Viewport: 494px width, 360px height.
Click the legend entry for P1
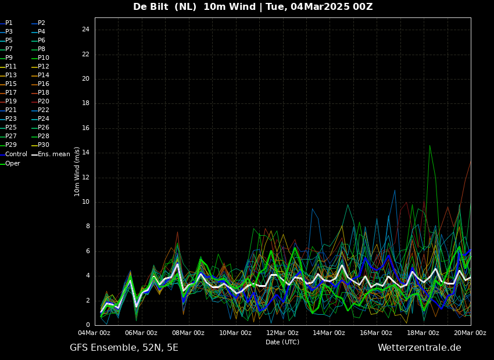[x=6, y=23]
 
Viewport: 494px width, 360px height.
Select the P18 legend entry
[x=40, y=92]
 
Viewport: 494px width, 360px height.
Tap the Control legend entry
[x=13, y=154]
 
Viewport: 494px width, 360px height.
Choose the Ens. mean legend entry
[x=51, y=154]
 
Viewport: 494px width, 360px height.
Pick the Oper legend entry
[x=10, y=163]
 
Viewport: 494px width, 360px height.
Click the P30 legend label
[x=40, y=145]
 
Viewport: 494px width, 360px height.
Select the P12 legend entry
[x=40, y=66]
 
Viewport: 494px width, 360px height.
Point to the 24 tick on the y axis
[x=85, y=30]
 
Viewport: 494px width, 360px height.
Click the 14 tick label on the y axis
[x=85, y=153]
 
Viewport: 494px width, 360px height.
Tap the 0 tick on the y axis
[x=88, y=325]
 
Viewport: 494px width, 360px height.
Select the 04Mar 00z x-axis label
[x=94, y=333]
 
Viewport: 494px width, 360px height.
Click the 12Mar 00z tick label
[x=282, y=333]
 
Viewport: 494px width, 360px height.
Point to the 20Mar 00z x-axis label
[x=470, y=333]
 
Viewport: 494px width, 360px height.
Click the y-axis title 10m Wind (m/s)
[x=77, y=171]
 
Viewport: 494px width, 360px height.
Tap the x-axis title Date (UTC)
[x=282, y=342]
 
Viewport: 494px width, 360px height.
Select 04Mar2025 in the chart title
[x=320, y=6]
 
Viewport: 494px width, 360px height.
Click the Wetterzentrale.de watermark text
[x=420, y=348]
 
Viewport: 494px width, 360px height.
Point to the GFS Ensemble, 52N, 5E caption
[x=124, y=348]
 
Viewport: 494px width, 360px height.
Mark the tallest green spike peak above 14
[x=429, y=145]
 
